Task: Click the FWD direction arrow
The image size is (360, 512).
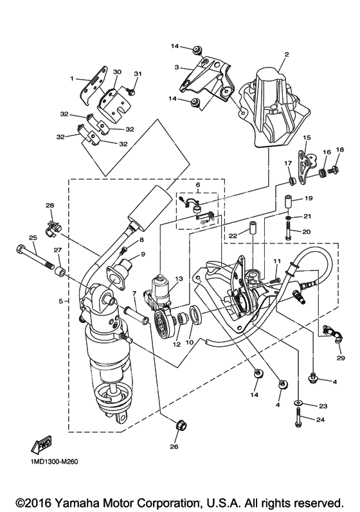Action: click(42, 445)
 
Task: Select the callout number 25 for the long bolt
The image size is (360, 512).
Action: click(33, 238)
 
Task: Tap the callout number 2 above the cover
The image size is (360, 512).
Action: click(287, 55)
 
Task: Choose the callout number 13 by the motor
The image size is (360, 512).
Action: click(179, 279)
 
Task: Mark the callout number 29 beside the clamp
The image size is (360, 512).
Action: click(341, 358)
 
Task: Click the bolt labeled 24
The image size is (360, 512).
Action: click(298, 419)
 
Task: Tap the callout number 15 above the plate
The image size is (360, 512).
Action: click(307, 137)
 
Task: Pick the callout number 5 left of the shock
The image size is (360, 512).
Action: click(61, 301)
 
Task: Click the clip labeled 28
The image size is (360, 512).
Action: click(51, 227)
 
